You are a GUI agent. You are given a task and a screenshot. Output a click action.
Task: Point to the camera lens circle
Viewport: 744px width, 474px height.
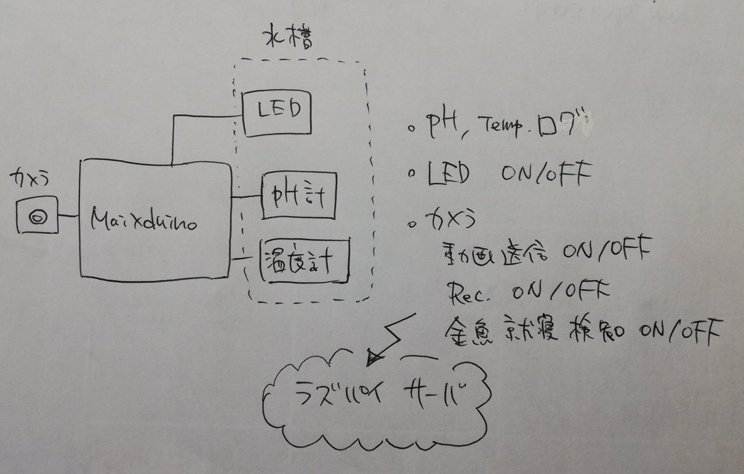coord(38,216)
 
